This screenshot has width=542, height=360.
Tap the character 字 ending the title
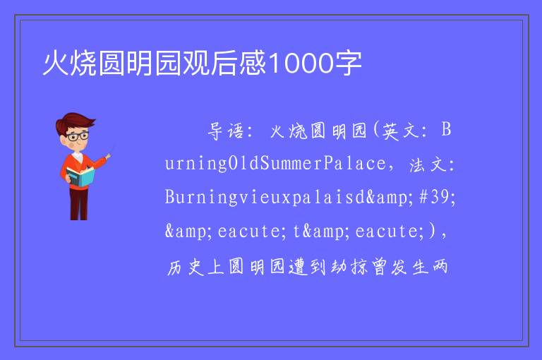coord(347,64)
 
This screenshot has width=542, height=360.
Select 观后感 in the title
coord(224,64)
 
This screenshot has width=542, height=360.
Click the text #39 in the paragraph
coord(434,197)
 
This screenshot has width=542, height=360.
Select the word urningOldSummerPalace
coord(275,163)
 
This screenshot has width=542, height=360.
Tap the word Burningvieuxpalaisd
coord(265,198)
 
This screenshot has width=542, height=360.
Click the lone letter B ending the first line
coord(446,130)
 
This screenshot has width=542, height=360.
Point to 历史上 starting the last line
coord(195,268)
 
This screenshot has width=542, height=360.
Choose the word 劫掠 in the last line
coord(349,268)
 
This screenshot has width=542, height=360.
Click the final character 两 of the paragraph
coord(439,268)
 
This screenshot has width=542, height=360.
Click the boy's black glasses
coord(78,136)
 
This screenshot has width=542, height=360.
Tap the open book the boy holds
coord(80,176)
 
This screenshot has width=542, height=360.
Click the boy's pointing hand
coord(108,157)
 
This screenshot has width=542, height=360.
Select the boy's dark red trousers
coord(79,204)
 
